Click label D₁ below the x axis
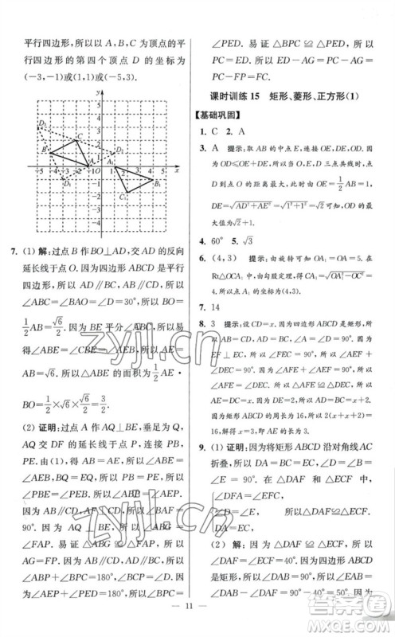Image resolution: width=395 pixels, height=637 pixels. (x=67, y=186)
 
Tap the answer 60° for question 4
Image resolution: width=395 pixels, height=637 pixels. (x=225, y=243)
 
